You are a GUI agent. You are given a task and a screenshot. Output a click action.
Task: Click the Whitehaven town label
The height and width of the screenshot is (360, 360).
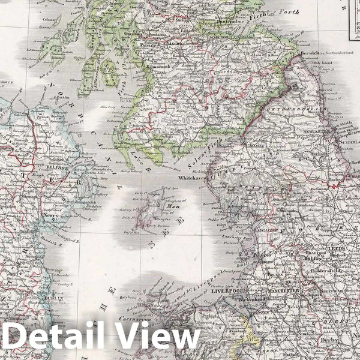(x=196, y=178)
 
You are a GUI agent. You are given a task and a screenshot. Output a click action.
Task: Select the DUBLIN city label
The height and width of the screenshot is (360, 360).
(x=55, y=295)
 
